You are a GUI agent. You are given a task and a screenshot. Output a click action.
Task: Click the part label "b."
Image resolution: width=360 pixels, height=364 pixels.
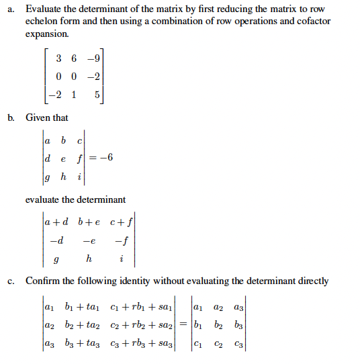click(12, 118)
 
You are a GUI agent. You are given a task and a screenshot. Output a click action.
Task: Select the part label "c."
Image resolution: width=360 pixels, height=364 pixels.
click(12, 281)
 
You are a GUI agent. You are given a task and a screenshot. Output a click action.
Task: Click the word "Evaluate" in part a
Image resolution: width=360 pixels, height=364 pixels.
click(44, 9)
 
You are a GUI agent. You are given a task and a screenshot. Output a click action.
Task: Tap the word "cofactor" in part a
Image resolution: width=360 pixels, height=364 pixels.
click(311, 21)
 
